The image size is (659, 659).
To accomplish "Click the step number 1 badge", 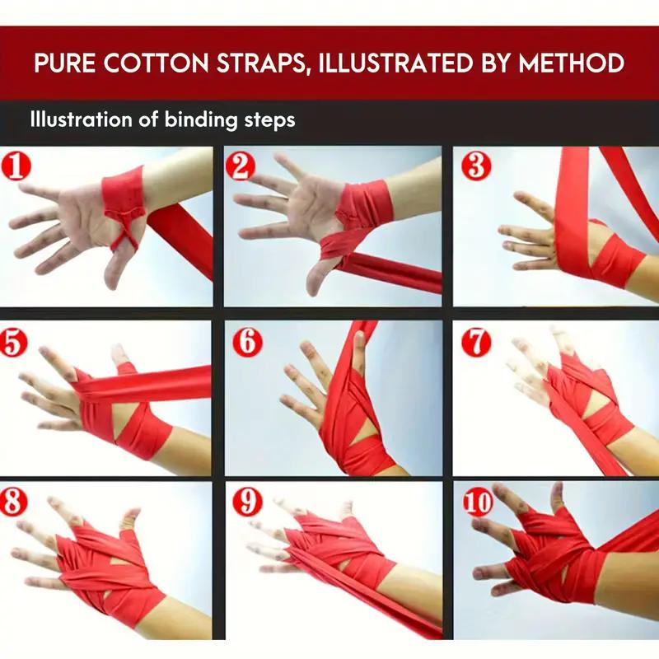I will pos(17,167).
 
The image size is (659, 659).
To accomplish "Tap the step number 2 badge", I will pos(241,167).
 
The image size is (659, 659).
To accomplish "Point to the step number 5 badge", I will pos(17,341).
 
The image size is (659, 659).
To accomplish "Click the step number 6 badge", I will pos(245,341).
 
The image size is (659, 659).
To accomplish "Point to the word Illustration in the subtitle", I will pos(82,119).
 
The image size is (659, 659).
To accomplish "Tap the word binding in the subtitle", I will pos(195,119).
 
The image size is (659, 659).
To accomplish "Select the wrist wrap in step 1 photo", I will pos(124,189).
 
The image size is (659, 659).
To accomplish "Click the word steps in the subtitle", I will pos(267,120).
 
